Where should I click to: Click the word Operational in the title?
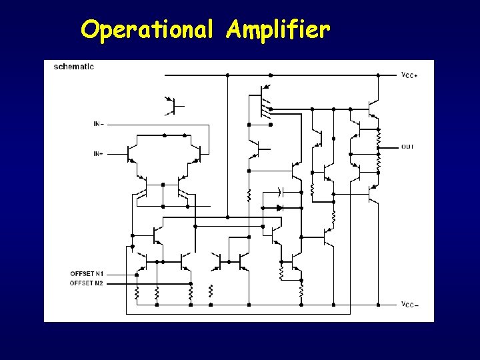[147, 29]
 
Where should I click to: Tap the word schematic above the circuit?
[73, 66]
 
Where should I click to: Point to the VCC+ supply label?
[409, 75]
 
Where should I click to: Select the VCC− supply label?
[409, 305]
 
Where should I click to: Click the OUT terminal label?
[407, 147]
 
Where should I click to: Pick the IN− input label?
[98, 124]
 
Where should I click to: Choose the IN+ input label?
[98, 154]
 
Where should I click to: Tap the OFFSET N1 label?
[87, 274]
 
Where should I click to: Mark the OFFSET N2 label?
[87, 283]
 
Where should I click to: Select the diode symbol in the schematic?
[280, 207]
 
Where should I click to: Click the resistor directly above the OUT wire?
[378, 137]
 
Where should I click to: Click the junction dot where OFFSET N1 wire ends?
[137, 274]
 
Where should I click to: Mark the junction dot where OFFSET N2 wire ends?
[190, 283]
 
